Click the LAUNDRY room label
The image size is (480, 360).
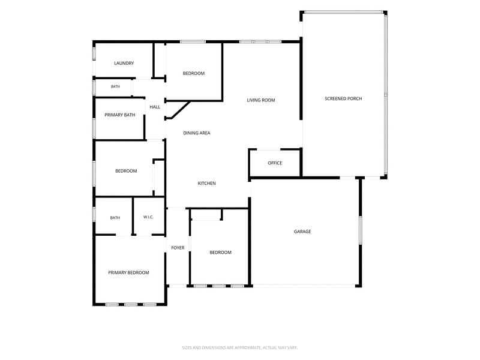pos(124,63)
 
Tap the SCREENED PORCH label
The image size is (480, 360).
pos(343,98)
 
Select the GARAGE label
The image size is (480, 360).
pos(302,232)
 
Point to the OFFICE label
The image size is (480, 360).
pos(275,163)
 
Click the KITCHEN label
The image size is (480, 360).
pos(206,183)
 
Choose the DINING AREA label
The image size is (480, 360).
pos(197,133)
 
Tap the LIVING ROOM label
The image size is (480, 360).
pos(261,100)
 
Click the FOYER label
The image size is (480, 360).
pos(178,248)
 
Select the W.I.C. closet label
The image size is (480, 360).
pos(148,217)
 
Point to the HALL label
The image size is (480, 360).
pos(155,107)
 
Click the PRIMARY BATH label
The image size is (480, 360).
pos(119,115)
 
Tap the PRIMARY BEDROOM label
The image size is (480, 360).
pos(128,272)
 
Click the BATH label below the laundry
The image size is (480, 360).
pos(115,86)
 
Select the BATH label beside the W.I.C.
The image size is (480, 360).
pos(115,218)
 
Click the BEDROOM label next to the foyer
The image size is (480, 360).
pos(220,252)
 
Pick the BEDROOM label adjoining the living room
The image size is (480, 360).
pos(193,73)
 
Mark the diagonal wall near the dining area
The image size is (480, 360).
pos(181,110)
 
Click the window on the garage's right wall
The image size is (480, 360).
pos(361,230)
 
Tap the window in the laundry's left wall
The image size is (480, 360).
pos(94,53)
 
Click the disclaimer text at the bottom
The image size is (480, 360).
pos(239,347)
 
